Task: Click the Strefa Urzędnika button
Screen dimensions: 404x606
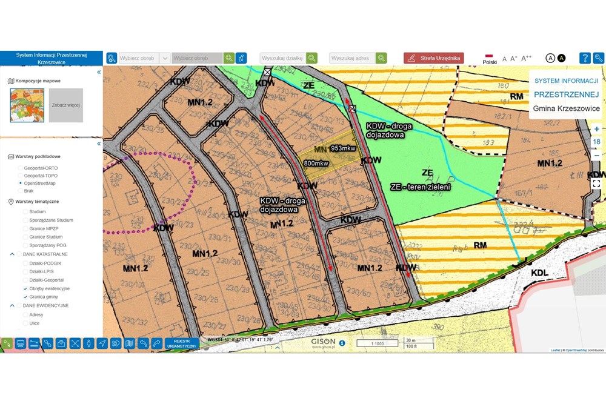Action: click(434, 58)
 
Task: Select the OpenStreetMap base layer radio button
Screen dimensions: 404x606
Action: click(21, 182)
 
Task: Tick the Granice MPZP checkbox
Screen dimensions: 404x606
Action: click(25, 229)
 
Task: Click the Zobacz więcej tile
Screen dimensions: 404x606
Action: click(65, 105)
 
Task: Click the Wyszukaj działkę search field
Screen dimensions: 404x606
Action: click(282, 58)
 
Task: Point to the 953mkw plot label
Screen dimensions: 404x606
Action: click(343, 148)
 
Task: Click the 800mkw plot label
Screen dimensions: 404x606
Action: click(316, 163)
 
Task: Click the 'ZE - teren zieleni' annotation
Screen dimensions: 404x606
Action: click(420, 187)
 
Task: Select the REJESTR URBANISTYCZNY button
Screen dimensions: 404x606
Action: click(181, 343)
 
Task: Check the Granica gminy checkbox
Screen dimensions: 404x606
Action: click(25, 297)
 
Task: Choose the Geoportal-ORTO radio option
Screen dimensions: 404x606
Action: click(21, 167)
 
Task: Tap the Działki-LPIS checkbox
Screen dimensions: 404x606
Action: click(25, 271)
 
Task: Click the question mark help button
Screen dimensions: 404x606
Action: click(585, 58)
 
